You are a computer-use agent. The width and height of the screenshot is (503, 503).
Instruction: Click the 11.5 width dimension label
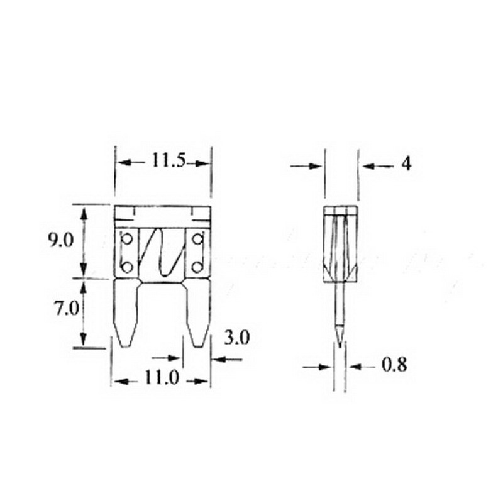tap(167, 162)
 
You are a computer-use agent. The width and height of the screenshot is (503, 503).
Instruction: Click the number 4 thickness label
tap(406, 165)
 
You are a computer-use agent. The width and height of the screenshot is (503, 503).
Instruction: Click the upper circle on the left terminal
tap(127, 240)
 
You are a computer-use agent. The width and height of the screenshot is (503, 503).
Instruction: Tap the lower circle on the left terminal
tap(127, 267)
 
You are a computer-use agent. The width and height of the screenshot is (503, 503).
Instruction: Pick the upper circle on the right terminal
tap(197, 240)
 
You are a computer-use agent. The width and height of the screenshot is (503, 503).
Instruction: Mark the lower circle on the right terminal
tap(197, 267)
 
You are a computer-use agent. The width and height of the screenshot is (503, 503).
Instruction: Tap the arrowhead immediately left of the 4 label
tap(367, 166)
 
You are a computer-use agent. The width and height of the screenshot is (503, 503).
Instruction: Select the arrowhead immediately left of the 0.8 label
tap(355, 365)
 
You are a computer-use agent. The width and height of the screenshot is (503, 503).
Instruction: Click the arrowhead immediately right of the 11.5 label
tap(202, 163)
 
